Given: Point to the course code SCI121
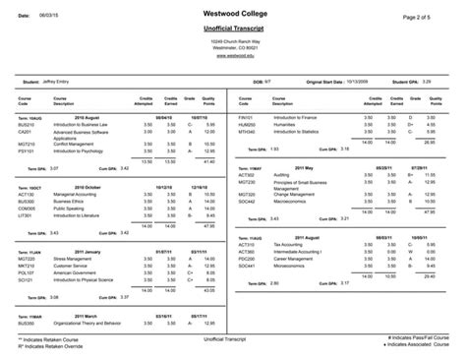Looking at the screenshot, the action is click(x=26, y=280).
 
